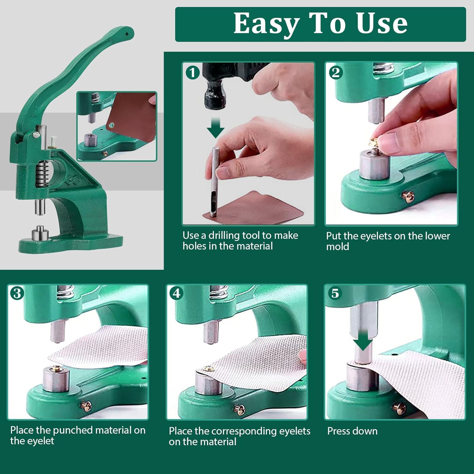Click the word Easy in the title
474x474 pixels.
coord(267,24)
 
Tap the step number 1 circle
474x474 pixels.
coord(192,73)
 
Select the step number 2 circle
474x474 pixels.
coord(336,73)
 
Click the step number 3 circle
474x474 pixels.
coord(17,293)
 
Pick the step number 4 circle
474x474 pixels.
coord(176,293)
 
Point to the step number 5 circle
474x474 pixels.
coord(335,293)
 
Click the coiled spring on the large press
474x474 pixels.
coord(42,173)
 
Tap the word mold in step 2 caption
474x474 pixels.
coord(337,246)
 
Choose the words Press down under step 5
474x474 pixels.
coord(352,431)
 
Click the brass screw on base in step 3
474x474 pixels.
coord(86,406)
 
